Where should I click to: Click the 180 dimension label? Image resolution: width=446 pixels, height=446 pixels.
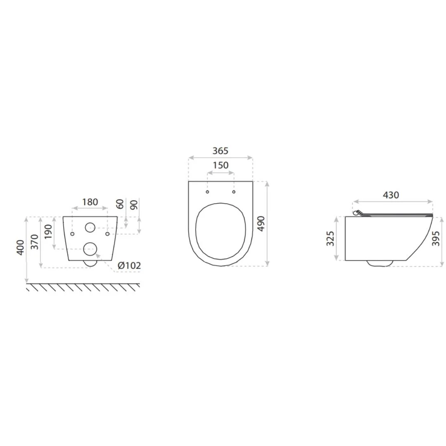pos(90,202)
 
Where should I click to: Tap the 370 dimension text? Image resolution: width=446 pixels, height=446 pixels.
pos(35,242)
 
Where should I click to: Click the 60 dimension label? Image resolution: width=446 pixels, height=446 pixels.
pos(120,203)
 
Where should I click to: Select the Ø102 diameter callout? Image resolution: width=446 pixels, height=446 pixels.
pos(129,266)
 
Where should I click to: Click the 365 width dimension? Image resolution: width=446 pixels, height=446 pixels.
pos(220,151)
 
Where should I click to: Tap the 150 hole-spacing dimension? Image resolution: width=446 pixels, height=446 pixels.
pos(220,165)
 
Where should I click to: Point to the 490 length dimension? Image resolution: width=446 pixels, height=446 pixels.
pos(261,223)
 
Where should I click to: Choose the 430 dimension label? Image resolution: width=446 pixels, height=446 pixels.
pos(391,195)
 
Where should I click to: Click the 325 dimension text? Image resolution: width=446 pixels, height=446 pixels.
pos(330,239)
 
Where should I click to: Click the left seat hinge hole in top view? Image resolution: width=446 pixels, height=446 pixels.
pos(207,192)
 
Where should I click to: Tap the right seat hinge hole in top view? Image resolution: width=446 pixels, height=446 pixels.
pos(234,192)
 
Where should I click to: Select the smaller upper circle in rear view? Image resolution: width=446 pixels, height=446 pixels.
pos(90,227)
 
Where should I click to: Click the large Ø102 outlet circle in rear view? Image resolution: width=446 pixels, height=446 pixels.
pos(90,249)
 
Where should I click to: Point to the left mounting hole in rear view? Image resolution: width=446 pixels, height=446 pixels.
pos(73,234)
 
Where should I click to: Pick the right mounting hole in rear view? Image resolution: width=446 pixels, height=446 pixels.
pos(107,234)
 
